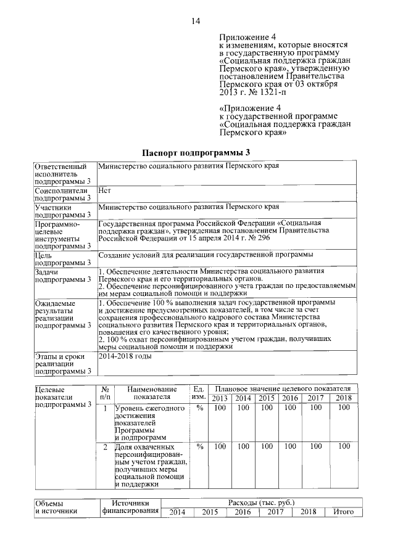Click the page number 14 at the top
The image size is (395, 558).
(196, 22)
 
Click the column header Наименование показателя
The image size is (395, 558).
(151, 393)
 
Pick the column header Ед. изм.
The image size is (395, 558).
(199, 393)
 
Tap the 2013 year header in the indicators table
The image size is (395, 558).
(219, 398)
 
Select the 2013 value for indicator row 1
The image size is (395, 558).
(219, 408)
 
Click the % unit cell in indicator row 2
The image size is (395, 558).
(199, 446)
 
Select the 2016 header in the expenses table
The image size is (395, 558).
(242, 512)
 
